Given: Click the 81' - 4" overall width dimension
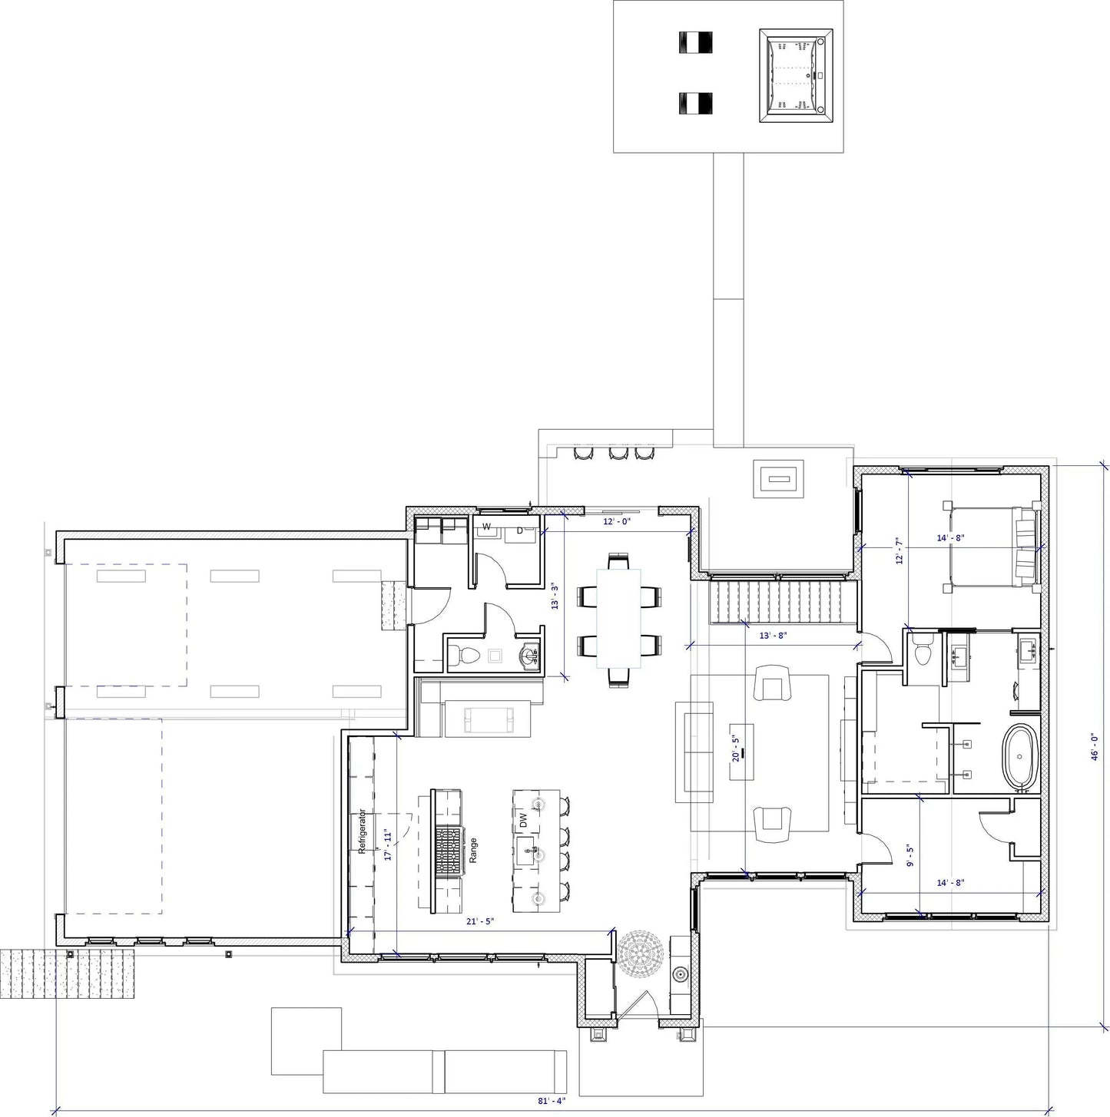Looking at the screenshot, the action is [x=550, y=1099].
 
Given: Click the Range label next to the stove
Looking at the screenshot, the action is [x=473, y=851].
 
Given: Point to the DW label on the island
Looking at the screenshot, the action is [x=523, y=820].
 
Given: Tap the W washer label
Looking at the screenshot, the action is [x=487, y=527].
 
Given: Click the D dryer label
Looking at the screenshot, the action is [x=520, y=530].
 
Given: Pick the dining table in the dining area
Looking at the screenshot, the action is [x=618, y=620].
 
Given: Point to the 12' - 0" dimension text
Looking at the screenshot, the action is [x=617, y=522].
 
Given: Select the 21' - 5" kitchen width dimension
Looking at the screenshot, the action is [x=480, y=921].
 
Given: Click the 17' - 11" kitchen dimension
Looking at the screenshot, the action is [x=388, y=845].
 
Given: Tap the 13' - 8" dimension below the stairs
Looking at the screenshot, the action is [x=773, y=636].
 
